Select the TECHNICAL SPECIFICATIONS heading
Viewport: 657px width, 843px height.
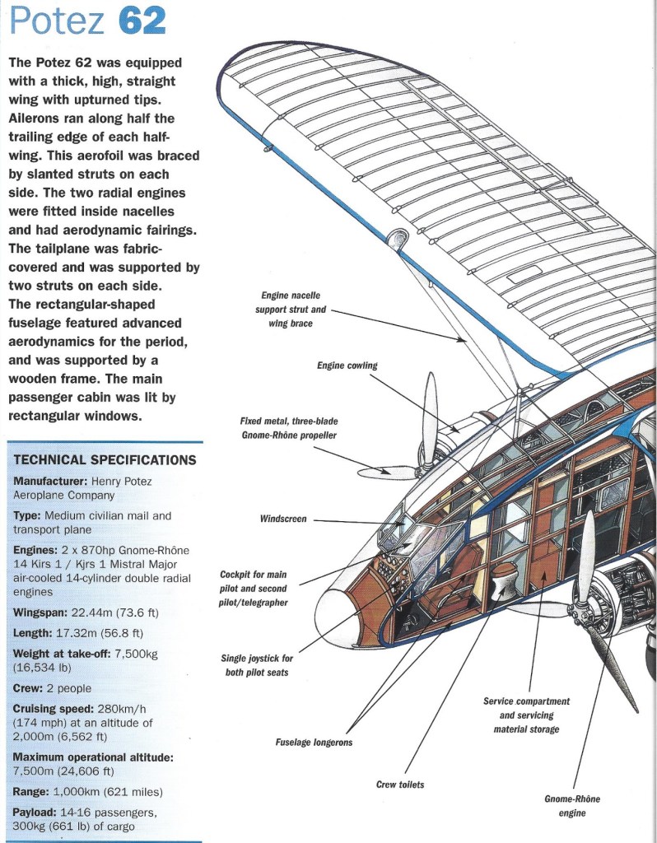tap(105, 460)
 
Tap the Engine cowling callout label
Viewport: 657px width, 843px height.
tap(347, 366)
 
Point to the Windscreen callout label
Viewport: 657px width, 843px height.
tap(282, 519)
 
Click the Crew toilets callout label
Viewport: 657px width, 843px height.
tap(400, 785)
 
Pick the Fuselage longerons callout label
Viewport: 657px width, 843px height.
tap(314, 742)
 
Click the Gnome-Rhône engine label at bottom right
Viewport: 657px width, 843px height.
tap(572, 806)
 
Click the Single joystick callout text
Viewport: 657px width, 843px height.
tap(257, 665)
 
